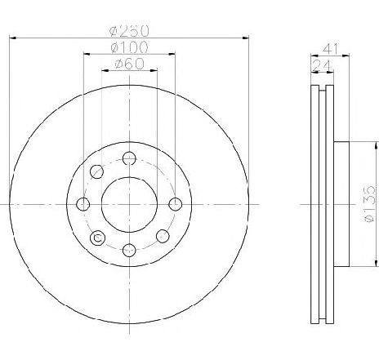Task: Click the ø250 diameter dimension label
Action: pyautogui.click(x=129, y=30)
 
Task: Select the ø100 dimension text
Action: pyautogui.click(x=129, y=47)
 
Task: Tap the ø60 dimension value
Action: pyautogui.click(x=129, y=64)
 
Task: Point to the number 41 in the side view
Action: pyautogui.click(x=330, y=49)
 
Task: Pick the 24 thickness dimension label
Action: pyautogui.click(x=322, y=65)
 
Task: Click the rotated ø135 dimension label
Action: pyautogui.click(x=369, y=204)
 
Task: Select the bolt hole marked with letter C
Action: pyautogui.click(x=97, y=238)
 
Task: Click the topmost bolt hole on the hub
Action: pyautogui.click(x=129, y=158)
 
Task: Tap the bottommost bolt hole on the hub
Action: pyautogui.click(x=129, y=250)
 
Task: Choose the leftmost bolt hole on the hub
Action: pyautogui.click(x=83, y=204)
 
